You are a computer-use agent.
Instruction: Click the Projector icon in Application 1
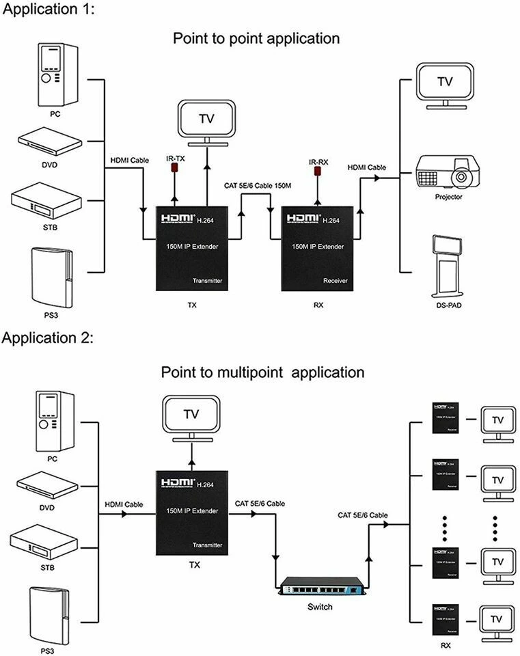[x=448, y=172]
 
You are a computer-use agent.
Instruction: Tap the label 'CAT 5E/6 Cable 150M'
[x=258, y=185]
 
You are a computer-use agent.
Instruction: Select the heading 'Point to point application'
[x=256, y=38]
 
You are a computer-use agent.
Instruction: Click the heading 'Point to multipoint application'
[x=262, y=372]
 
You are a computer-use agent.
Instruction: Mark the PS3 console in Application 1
[x=51, y=277]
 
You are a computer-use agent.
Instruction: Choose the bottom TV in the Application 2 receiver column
[x=498, y=620]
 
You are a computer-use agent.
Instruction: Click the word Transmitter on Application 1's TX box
[x=207, y=281]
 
